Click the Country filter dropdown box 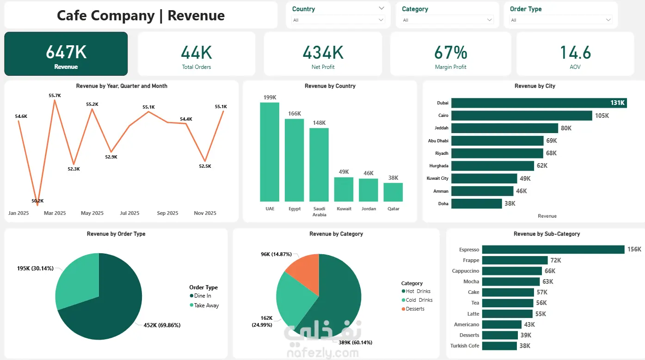tap(338, 20)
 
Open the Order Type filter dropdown tap(561, 20)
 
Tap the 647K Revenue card tap(66, 54)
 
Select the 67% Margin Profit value tap(451, 52)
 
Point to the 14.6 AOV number tap(575, 52)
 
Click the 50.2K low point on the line tap(37, 205)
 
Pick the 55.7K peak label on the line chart tap(55, 96)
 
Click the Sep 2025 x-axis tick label tap(167, 213)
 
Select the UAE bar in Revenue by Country tap(270, 152)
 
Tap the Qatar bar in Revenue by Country tap(393, 192)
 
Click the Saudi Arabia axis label tap(319, 212)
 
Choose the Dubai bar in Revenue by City tap(539, 103)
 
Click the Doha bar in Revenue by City tap(477, 204)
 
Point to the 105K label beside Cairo tap(602, 116)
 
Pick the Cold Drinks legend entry tap(417, 300)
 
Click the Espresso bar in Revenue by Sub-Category tap(553, 250)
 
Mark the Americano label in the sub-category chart tap(467, 324)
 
